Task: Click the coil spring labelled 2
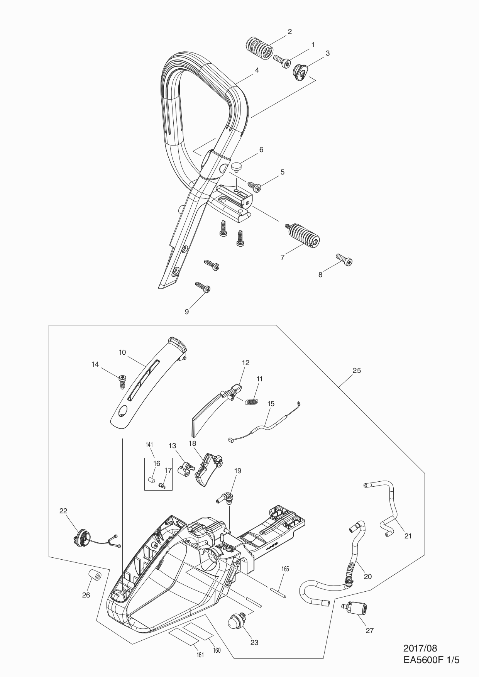tap(259, 48)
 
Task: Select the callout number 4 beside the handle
tap(257, 70)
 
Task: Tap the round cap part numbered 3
tap(300, 73)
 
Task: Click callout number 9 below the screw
tap(187, 311)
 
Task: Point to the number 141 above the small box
tap(150, 444)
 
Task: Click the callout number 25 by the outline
tap(357, 370)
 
